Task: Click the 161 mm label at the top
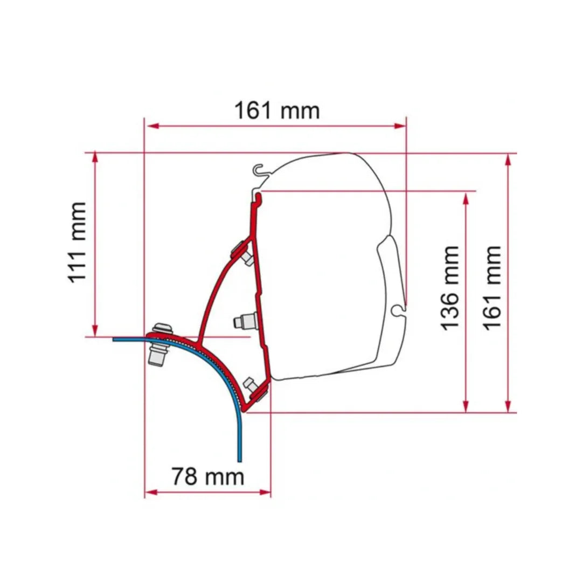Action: [x=276, y=110]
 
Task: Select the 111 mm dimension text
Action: [x=75, y=242]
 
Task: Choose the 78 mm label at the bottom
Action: [x=207, y=476]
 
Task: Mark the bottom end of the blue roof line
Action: [x=239, y=459]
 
